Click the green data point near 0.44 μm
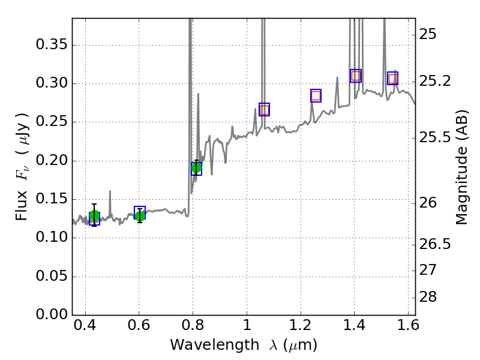(94, 217)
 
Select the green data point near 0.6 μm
(140, 215)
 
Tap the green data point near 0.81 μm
(196, 168)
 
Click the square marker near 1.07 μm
(264, 109)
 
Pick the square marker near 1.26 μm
(316, 95)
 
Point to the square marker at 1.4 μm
(356, 76)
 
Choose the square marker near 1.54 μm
(393, 79)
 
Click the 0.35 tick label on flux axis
(51, 46)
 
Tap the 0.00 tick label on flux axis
(51, 315)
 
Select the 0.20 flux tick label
(51, 161)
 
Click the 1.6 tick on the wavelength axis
(408, 327)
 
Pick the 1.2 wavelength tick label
(301, 327)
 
